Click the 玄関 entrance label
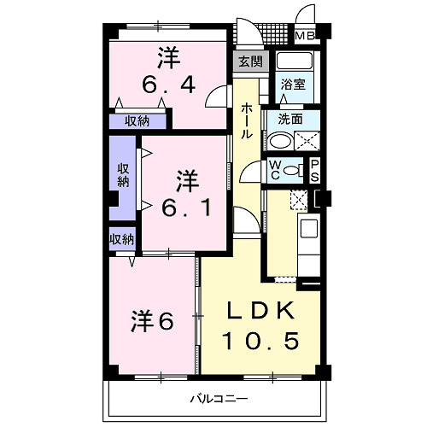click(250, 61)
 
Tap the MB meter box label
click(303, 36)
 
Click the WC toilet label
click(277, 167)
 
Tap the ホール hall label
click(246, 121)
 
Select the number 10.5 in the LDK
click(260, 341)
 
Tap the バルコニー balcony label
click(218, 399)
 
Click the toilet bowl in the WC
click(292, 169)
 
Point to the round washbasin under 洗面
click(278, 142)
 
